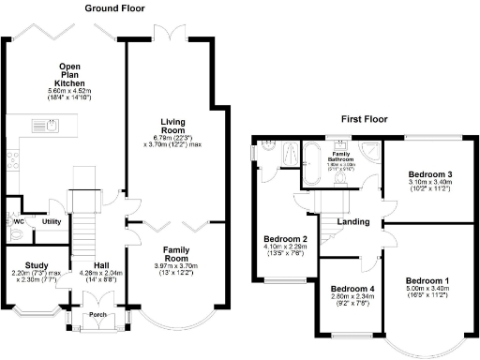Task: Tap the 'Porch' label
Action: (x=97, y=315)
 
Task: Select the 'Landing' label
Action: (x=354, y=222)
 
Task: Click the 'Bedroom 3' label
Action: (x=429, y=174)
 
